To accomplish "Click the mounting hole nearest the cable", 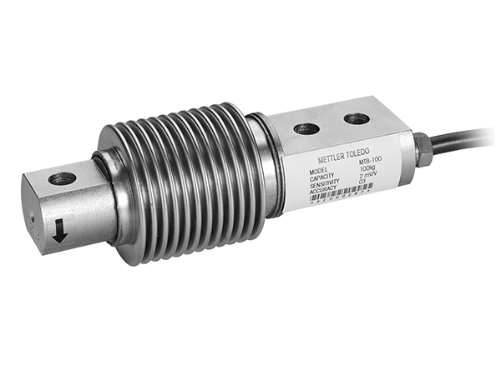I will click(357, 118).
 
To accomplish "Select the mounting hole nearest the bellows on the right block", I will click(306, 129).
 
